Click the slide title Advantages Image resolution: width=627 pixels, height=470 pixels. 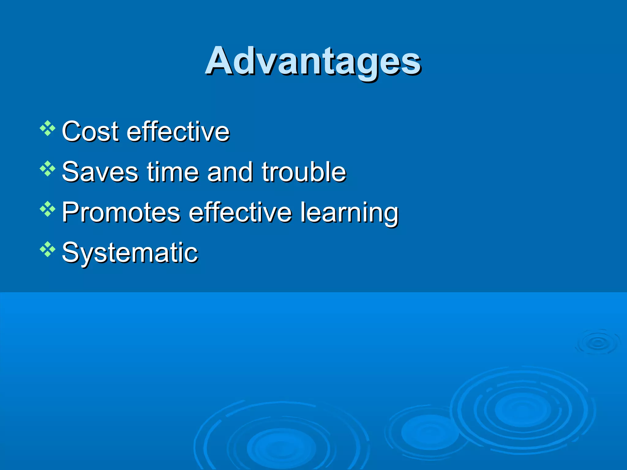pos(313,61)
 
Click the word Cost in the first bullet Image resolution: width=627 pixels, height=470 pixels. pos(90,132)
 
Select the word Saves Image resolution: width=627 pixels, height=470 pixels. pos(100,172)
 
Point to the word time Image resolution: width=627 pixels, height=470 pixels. pos(173,172)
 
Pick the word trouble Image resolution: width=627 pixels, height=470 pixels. pos(304,172)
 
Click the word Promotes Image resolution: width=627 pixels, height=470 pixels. pos(121,212)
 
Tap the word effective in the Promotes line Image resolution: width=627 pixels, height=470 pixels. pos(240,212)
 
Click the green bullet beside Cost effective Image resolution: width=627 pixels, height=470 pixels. pos(47,128)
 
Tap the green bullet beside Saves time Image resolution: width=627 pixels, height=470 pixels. pos(47,169)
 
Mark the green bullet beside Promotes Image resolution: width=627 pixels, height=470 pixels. pos(47,209)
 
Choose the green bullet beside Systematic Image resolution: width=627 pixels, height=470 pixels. pos(47,249)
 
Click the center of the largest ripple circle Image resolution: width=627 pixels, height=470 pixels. pos(522,409)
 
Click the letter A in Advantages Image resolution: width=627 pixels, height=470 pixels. pos(220,61)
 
